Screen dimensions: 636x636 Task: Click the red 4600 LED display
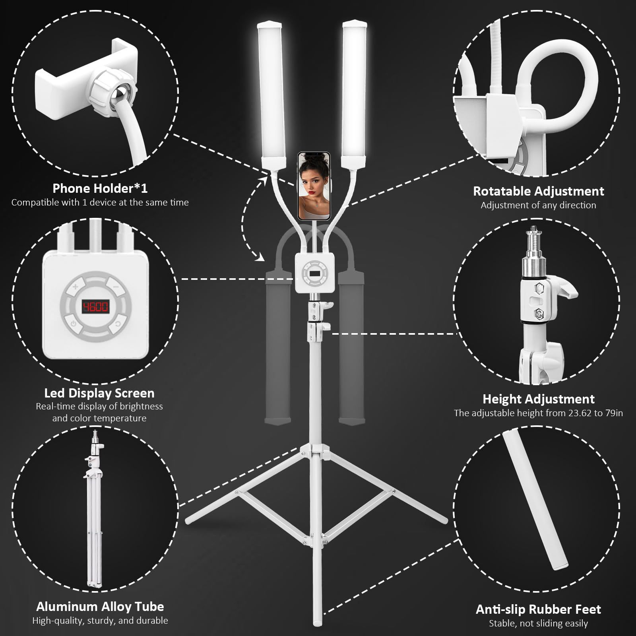pos(95,306)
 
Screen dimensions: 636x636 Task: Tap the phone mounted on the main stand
pos(314,186)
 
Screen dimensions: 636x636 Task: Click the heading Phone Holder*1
pos(100,188)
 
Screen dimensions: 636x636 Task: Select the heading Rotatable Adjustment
pos(538,191)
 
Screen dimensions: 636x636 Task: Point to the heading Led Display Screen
pos(99,393)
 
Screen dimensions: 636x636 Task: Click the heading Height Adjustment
pos(539,399)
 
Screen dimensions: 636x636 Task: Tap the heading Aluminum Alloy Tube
pos(100,607)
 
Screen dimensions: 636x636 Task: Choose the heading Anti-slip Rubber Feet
pos(538,609)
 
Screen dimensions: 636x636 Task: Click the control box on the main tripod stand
pos(314,273)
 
